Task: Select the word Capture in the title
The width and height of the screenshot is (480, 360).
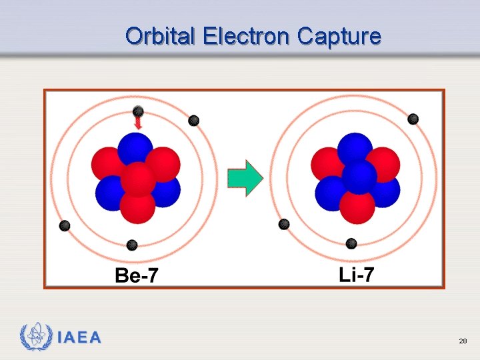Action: [339, 36]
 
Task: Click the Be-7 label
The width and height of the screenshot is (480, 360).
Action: [137, 275]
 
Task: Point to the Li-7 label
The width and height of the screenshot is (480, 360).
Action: [357, 274]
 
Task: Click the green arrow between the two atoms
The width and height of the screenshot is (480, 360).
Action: [245, 178]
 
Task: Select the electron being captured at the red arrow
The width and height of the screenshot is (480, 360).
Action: [138, 111]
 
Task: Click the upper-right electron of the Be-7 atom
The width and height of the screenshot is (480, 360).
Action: [193, 121]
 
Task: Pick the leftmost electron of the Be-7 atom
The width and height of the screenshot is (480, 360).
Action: [65, 225]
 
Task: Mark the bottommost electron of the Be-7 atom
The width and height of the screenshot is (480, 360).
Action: [132, 245]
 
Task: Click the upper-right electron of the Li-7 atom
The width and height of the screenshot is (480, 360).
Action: [413, 119]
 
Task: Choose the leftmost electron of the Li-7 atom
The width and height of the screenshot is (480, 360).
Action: [284, 224]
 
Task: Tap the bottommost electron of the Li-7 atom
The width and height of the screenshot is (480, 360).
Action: [351, 243]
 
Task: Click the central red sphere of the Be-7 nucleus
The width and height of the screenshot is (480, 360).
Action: [139, 179]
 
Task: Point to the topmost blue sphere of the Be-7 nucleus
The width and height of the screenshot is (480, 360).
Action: [135, 148]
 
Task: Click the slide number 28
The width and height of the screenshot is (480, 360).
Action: [463, 341]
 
